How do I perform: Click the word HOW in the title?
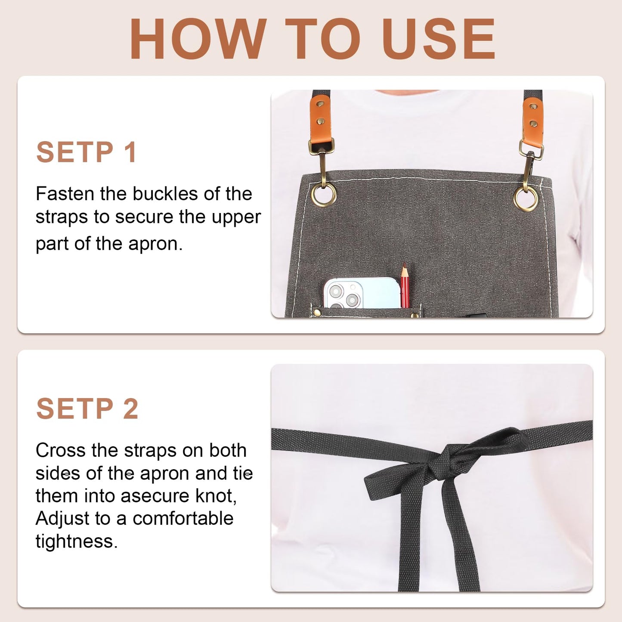[198, 39]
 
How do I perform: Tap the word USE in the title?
[439, 39]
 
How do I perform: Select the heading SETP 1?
[87, 152]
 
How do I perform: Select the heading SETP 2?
[87, 408]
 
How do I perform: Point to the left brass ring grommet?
[324, 194]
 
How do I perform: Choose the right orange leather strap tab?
[533, 125]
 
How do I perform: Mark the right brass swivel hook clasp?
[531, 166]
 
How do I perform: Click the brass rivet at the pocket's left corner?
[317, 312]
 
